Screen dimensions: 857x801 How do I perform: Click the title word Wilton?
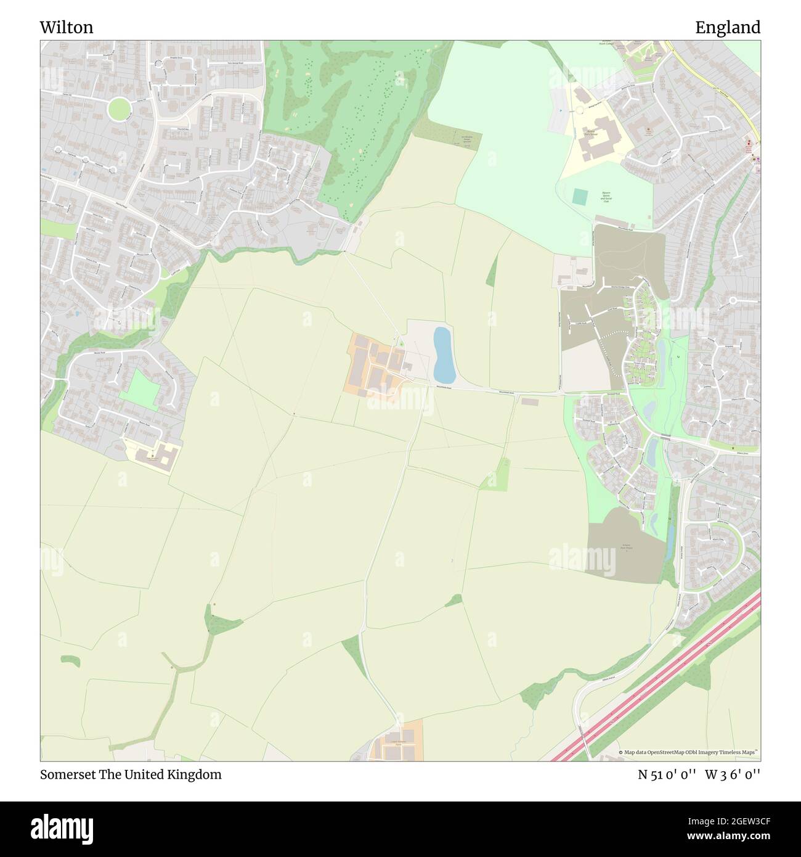pos(67,27)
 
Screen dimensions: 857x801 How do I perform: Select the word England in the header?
pos(728,27)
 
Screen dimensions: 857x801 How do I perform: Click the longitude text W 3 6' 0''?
pos(733,774)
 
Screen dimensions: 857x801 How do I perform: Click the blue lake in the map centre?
pos(444,355)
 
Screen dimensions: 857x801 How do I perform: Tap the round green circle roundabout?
pos(119,109)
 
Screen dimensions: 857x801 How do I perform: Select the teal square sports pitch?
pos(580,197)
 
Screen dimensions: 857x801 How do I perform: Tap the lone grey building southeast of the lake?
pos(530,401)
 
